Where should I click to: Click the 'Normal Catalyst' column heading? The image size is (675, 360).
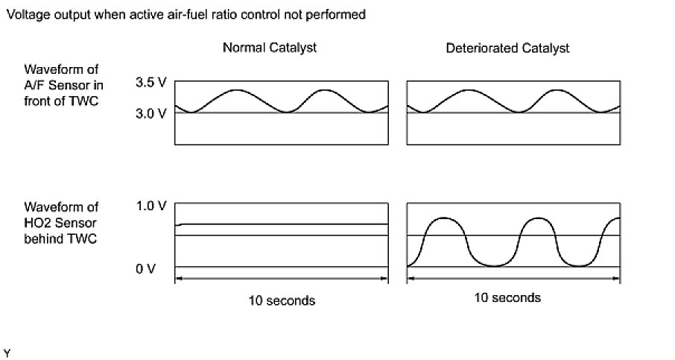coord(270,48)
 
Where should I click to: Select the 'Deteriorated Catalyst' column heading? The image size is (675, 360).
coord(507,48)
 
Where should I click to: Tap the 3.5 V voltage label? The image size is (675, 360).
coord(150,83)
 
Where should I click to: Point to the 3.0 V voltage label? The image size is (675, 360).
coord(150,113)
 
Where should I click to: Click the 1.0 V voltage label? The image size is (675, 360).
coord(150,206)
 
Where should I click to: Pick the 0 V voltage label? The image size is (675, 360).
coord(145,268)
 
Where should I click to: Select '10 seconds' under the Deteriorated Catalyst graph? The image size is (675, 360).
coord(507,297)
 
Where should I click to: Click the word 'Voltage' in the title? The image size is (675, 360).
coord(25,14)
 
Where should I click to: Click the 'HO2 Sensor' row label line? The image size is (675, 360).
coord(60,222)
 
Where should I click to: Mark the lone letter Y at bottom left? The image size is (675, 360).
coord(8,350)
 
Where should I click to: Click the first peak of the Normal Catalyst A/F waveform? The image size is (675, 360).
coord(236,89)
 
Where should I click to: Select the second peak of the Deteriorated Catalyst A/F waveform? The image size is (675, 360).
coord(557,89)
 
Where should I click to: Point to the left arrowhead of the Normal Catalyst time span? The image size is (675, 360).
coord(177,280)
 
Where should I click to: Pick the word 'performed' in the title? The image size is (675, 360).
coord(340,14)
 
